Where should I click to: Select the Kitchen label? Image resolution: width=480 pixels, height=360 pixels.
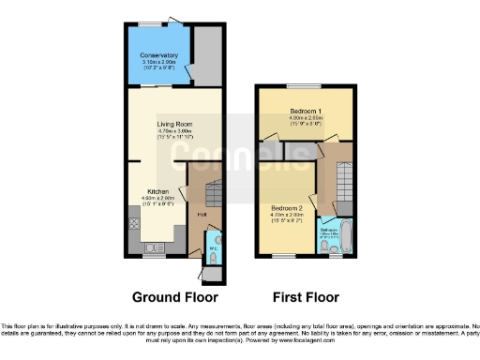point(157,190)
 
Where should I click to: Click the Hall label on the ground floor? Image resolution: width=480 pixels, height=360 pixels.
point(202,215)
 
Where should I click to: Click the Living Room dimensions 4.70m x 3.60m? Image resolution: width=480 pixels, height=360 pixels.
point(175,131)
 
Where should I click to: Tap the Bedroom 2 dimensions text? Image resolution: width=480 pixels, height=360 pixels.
point(286,215)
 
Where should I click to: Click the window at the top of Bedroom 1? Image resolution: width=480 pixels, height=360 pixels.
point(305,85)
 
